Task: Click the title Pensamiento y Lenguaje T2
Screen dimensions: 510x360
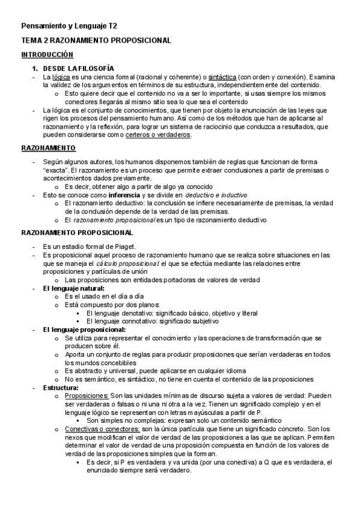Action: click(x=69, y=26)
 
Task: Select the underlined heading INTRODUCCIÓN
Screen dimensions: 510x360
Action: click(x=47, y=55)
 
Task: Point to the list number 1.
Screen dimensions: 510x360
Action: click(x=35, y=69)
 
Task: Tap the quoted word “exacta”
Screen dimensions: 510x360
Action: click(x=55, y=171)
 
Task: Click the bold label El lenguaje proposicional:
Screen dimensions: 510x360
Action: click(x=84, y=330)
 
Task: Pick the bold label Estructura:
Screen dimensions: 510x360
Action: click(x=61, y=387)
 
